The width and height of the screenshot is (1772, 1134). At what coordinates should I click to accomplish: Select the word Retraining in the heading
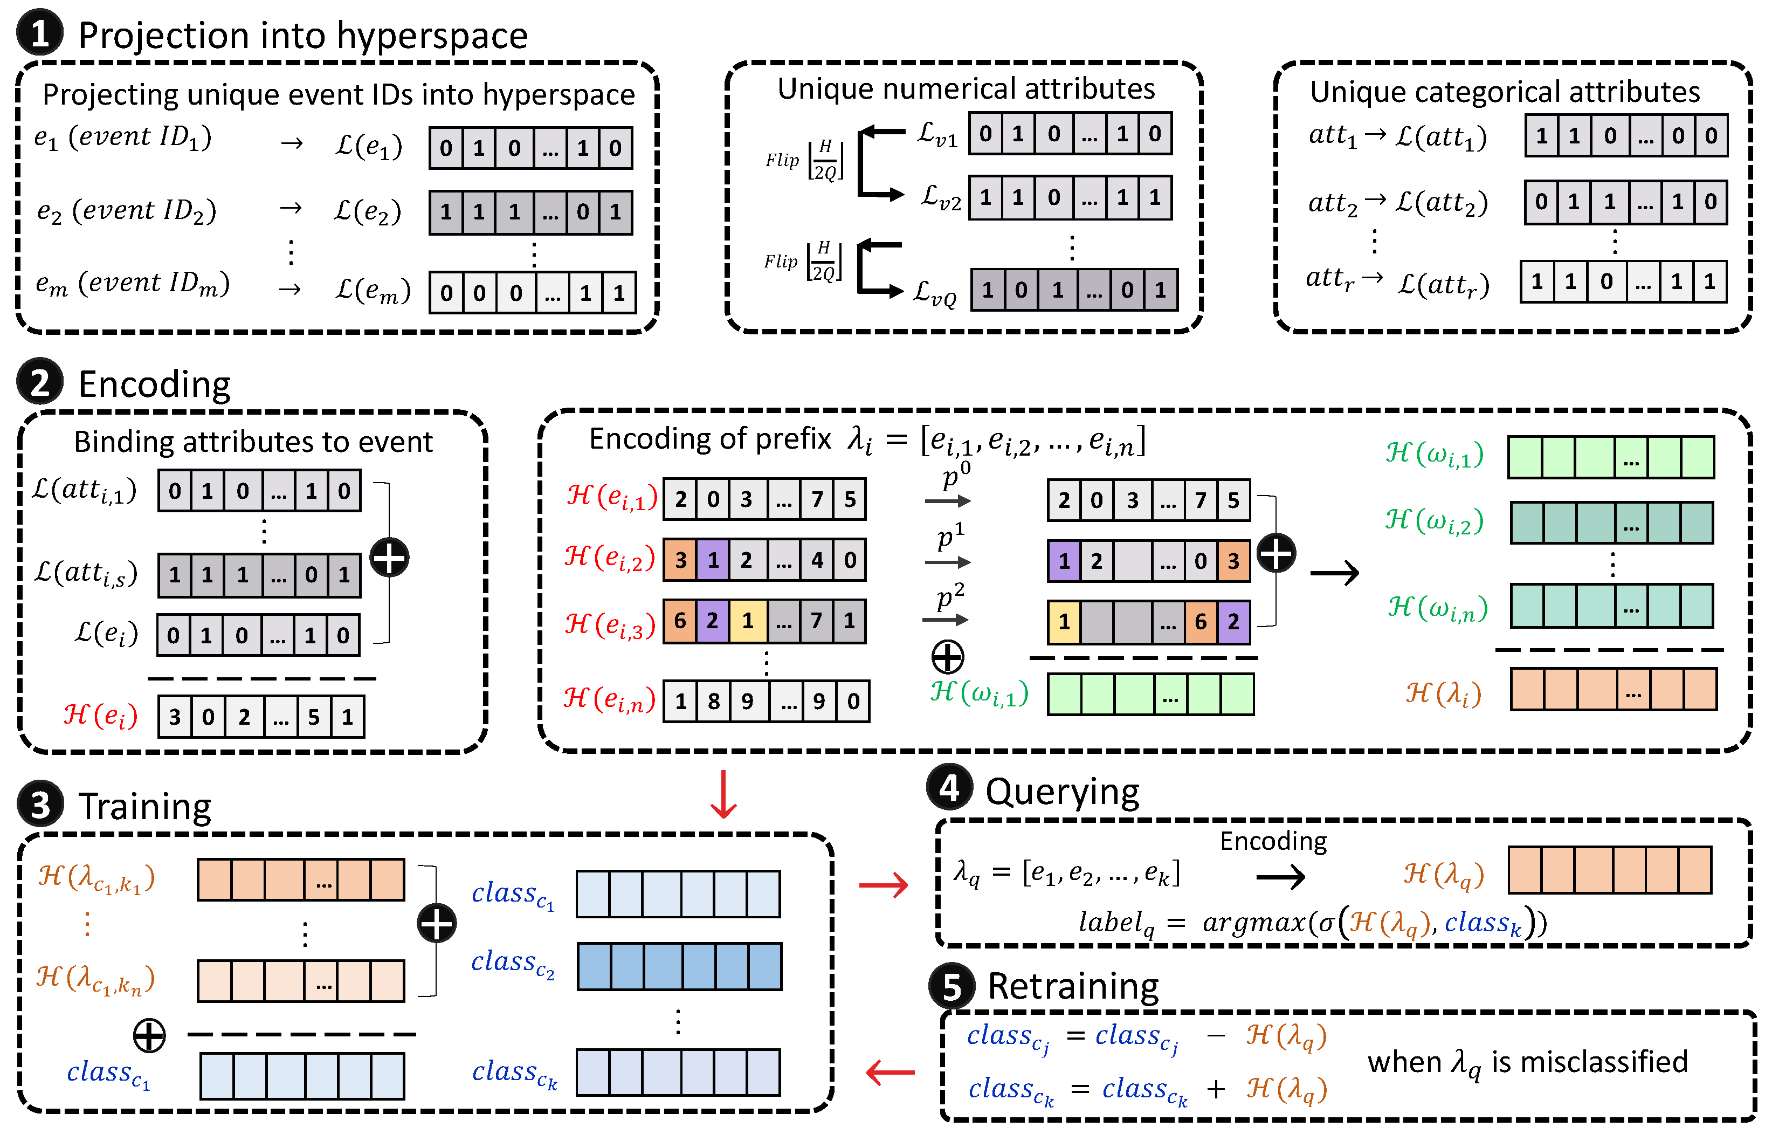pyautogui.click(x=1073, y=987)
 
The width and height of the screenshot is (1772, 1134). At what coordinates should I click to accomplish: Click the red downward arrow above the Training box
pyautogui.click(x=723, y=794)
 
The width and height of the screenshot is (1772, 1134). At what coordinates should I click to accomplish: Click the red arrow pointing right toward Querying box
pyautogui.click(x=884, y=884)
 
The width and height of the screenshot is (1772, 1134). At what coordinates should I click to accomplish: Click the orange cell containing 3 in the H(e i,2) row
pyautogui.click(x=680, y=560)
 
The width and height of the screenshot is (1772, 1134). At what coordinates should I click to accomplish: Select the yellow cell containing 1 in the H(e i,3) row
pyautogui.click(x=748, y=621)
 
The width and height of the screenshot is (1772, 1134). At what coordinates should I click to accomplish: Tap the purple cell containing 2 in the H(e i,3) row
pyautogui.click(x=713, y=621)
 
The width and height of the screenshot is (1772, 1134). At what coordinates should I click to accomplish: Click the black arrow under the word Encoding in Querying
pyautogui.click(x=1281, y=876)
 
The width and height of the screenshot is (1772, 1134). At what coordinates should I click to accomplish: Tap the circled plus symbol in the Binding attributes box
pyautogui.click(x=389, y=558)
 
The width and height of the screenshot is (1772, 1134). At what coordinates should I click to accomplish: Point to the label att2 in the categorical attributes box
pyautogui.click(x=1333, y=203)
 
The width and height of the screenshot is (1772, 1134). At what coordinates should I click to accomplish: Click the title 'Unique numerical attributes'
pyautogui.click(x=966, y=89)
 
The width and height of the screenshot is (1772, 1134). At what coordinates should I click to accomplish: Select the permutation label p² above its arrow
pyautogui.click(x=950, y=596)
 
